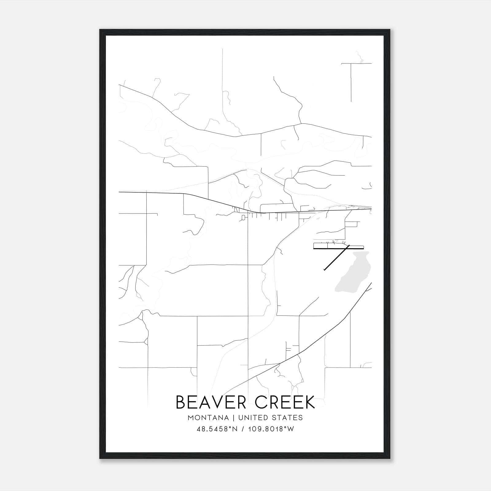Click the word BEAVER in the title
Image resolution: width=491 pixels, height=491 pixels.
point(211,402)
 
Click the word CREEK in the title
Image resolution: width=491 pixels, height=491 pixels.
point(285,402)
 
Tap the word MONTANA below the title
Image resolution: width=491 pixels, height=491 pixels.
point(208,418)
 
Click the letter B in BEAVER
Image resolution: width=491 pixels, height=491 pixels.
point(181,402)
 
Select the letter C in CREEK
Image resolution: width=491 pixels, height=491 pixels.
point(261,402)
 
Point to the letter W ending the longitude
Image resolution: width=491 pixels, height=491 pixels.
point(291,429)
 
